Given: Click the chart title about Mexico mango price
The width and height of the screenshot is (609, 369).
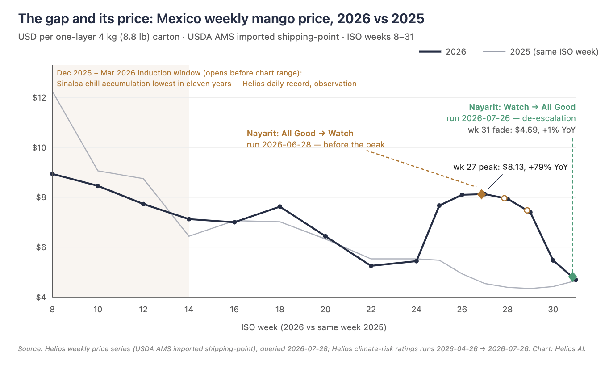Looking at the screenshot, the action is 221,19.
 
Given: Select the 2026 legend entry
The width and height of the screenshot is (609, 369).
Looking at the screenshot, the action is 442,52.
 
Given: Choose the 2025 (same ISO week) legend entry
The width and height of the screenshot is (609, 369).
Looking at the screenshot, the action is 541,52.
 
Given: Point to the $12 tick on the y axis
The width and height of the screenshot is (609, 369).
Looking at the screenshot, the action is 39,97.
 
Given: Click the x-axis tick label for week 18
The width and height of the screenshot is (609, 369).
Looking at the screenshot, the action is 280,310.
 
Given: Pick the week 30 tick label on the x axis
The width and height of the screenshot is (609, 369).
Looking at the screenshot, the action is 553,310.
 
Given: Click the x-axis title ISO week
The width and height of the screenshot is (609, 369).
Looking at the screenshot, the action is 314,327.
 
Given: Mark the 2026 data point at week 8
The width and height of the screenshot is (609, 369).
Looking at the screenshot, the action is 53,174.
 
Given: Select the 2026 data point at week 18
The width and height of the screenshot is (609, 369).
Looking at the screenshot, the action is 280,207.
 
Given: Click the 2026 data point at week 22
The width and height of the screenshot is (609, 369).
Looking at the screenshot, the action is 371,266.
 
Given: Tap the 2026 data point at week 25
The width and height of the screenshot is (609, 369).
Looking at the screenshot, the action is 439,205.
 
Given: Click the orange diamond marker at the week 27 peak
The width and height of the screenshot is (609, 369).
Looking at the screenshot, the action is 481,194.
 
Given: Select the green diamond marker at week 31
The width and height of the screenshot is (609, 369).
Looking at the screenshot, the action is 572,277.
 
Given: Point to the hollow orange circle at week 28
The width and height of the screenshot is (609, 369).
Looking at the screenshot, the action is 505,198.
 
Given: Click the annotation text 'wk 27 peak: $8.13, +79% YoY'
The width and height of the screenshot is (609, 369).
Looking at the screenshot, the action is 511,167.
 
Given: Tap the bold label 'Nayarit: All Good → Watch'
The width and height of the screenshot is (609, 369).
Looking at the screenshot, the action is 300,133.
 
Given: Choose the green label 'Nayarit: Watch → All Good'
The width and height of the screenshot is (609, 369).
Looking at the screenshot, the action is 522,107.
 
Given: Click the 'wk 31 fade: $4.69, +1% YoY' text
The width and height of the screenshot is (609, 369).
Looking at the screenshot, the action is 522,130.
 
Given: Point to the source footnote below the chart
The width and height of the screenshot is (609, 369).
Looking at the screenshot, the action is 302,349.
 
